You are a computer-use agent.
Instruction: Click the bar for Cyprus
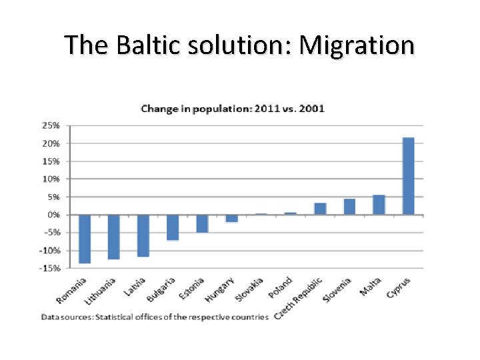(408, 176)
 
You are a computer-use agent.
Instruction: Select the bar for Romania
(85, 239)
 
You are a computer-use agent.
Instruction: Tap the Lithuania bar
(114, 237)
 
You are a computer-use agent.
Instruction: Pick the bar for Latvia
(143, 235)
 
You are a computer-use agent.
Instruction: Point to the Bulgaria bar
(173, 227)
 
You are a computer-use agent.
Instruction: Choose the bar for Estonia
(202, 223)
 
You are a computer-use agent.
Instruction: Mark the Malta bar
(379, 205)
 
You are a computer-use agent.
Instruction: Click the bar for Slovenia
(349, 207)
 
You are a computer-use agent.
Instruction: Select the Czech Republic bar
(320, 209)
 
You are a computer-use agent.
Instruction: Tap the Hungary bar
(231, 218)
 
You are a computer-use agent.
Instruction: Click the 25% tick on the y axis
(51, 125)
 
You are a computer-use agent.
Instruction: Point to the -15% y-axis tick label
(50, 268)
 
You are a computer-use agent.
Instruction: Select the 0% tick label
(53, 215)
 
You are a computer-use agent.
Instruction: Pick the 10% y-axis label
(51, 179)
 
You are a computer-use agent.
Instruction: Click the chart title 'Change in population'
(232, 109)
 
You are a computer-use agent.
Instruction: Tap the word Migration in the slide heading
(357, 45)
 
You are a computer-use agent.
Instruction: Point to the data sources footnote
(155, 316)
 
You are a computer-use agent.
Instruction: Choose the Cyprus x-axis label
(398, 288)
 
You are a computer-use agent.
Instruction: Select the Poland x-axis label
(281, 288)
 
